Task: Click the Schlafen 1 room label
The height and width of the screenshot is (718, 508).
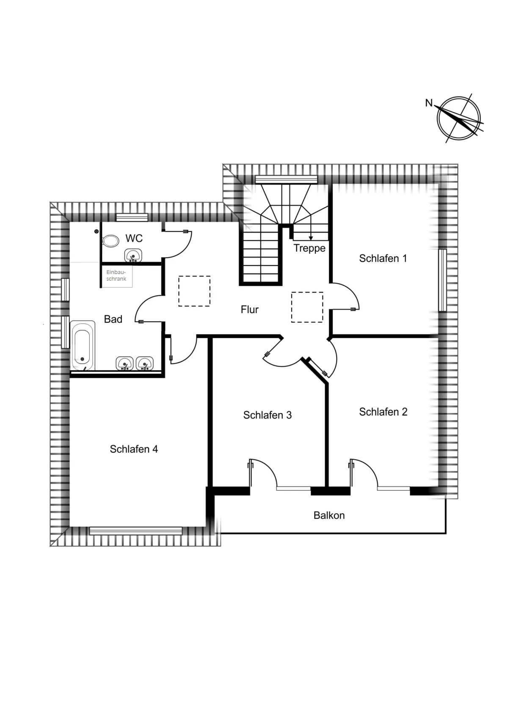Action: (383, 259)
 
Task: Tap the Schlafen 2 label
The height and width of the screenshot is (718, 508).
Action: (383, 412)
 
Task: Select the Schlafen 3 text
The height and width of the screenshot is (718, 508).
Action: (268, 415)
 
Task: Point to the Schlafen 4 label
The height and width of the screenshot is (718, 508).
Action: (134, 449)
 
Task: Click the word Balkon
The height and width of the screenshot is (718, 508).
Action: (329, 515)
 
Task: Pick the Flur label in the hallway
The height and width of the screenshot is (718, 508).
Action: (249, 310)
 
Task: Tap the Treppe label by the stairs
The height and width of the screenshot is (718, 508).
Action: (309, 248)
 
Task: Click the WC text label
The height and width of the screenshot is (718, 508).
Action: (134, 239)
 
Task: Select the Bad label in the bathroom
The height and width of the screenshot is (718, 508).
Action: (113, 319)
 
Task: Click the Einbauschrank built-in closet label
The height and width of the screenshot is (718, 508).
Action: (116, 276)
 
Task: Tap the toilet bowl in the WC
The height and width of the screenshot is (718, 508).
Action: (110, 241)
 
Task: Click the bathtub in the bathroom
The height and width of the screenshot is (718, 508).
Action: (83, 346)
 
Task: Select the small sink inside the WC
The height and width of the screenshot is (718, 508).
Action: (133, 256)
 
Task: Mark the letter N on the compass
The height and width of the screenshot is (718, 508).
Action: (429, 103)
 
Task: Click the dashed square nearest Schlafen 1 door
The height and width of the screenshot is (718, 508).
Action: (307, 307)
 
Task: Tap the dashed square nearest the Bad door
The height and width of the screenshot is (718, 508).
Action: (194, 291)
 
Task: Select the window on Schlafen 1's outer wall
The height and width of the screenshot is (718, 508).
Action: (442, 280)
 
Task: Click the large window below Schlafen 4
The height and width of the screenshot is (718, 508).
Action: (135, 531)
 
